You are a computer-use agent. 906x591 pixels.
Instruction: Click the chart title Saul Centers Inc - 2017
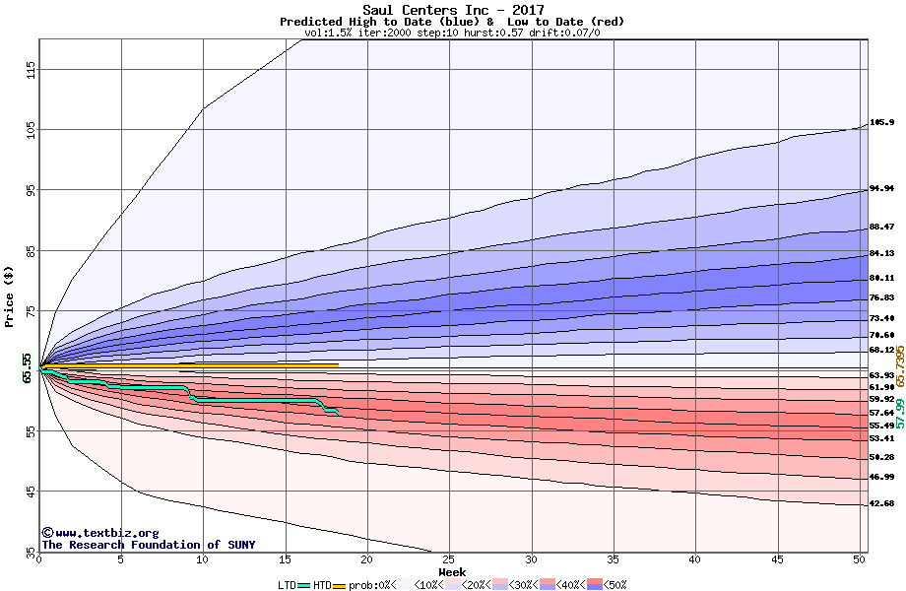452,10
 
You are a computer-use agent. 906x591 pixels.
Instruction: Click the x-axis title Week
452,572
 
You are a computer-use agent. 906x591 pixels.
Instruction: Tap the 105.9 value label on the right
881,123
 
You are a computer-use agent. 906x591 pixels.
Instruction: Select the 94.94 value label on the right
881,188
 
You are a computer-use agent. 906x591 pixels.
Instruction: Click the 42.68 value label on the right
881,503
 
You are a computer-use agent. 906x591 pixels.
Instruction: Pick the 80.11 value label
881,278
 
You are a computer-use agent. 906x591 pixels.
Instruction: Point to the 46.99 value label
881,477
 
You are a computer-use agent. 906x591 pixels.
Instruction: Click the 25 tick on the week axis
449,559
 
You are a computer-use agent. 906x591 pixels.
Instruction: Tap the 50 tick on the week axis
859,559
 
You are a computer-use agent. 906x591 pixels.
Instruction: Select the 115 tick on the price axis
31,69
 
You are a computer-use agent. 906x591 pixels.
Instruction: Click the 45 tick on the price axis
31,491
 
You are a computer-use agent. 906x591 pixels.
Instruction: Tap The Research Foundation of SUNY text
148,545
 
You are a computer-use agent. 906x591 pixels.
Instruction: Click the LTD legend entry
288,585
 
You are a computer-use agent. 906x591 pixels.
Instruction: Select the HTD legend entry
322,585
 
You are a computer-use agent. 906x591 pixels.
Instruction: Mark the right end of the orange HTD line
338,365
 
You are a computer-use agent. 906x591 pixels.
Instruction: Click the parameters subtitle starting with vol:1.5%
452,33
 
